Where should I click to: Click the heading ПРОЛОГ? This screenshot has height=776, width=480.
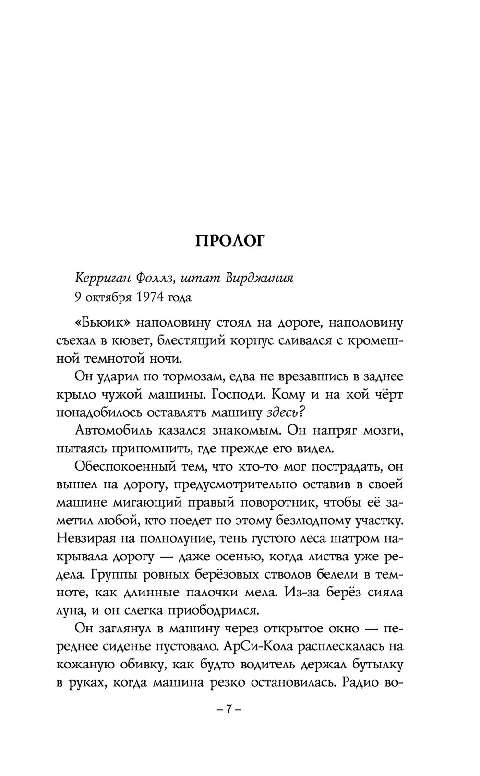click(229, 241)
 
